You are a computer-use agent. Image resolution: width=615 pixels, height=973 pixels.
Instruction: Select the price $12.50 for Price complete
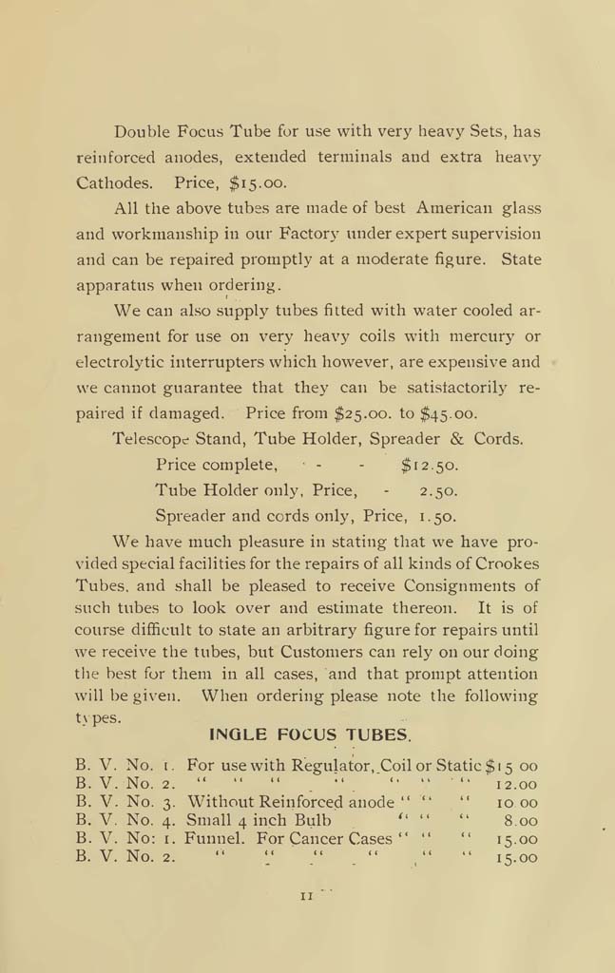pos(430,466)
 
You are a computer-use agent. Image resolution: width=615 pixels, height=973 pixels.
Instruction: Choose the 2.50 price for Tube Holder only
pos(438,491)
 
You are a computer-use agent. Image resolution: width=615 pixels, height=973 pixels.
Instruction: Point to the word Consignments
pos(452,585)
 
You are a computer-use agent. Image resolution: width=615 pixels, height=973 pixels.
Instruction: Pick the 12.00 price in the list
pos(517,785)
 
